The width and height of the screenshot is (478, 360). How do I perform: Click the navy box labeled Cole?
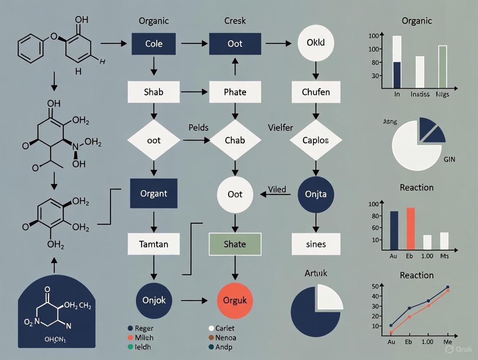[153, 44]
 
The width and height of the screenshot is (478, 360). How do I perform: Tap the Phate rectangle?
[235, 92]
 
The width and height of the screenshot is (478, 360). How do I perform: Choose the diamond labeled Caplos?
[316, 140]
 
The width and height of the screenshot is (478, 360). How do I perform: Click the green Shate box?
[235, 244]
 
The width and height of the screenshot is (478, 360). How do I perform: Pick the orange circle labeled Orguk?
[235, 300]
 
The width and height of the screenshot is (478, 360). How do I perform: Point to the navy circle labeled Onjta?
[316, 194]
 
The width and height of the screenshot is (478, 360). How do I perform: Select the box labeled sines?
[316, 244]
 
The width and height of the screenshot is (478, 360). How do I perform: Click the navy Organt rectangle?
[153, 193]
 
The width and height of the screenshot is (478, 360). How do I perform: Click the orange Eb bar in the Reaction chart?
[410, 229]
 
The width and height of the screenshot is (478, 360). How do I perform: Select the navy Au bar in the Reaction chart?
[394, 231]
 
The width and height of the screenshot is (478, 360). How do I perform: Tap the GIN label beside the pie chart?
[449, 159]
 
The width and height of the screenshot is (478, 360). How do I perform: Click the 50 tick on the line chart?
[375, 286]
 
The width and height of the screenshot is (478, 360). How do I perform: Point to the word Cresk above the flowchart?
[235, 21]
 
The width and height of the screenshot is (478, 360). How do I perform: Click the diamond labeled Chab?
[235, 140]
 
